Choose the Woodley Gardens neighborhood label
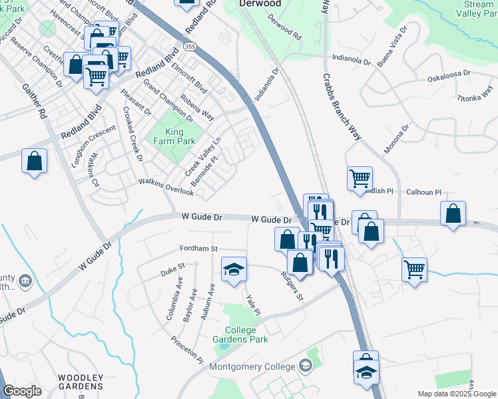[80, 382]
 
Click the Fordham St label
[198, 249]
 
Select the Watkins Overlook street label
[166, 187]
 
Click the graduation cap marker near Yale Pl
[234, 269]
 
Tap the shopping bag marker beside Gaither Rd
[34, 162]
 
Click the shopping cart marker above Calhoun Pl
[360, 178]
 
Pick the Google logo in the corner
[22, 391]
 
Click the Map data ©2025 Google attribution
[456, 394]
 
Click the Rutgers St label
[292, 285]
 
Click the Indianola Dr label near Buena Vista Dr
[351, 60]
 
